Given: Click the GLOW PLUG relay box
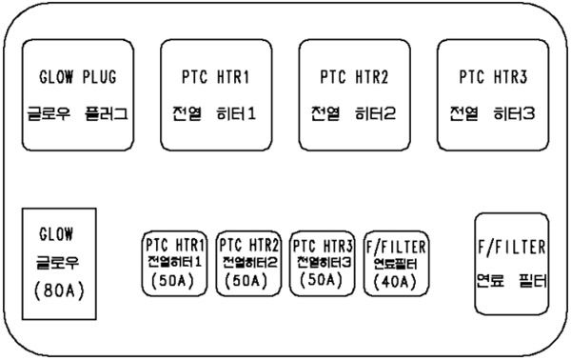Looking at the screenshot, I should pyautogui.click(x=77, y=95).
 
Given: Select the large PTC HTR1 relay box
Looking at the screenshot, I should pyautogui.click(x=216, y=95).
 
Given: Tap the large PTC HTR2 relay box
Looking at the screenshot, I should pyautogui.click(x=354, y=95).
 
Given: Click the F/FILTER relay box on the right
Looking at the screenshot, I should pyautogui.click(x=512, y=264).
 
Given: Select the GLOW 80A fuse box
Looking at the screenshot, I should pyautogui.click(x=56, y=262).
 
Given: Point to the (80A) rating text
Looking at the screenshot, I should pyautogui.click(x=56, y=289).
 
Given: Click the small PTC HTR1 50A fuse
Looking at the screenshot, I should pyautogui.click(x=176, y=263).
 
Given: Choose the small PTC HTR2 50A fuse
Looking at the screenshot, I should pyautogui.click(x=249, y=263).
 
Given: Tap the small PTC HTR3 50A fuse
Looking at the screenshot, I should pyautogui.click(x=324, y=263).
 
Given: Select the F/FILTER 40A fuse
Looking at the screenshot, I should pyautogui.click(x=397, y=263).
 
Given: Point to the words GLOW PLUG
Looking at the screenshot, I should pyautogui.click(x=77, y=76).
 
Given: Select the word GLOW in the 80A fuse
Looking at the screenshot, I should pyautogui.click(x=56, y=233).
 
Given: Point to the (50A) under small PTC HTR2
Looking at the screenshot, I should pyautogui.click(x=249, y=281).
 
